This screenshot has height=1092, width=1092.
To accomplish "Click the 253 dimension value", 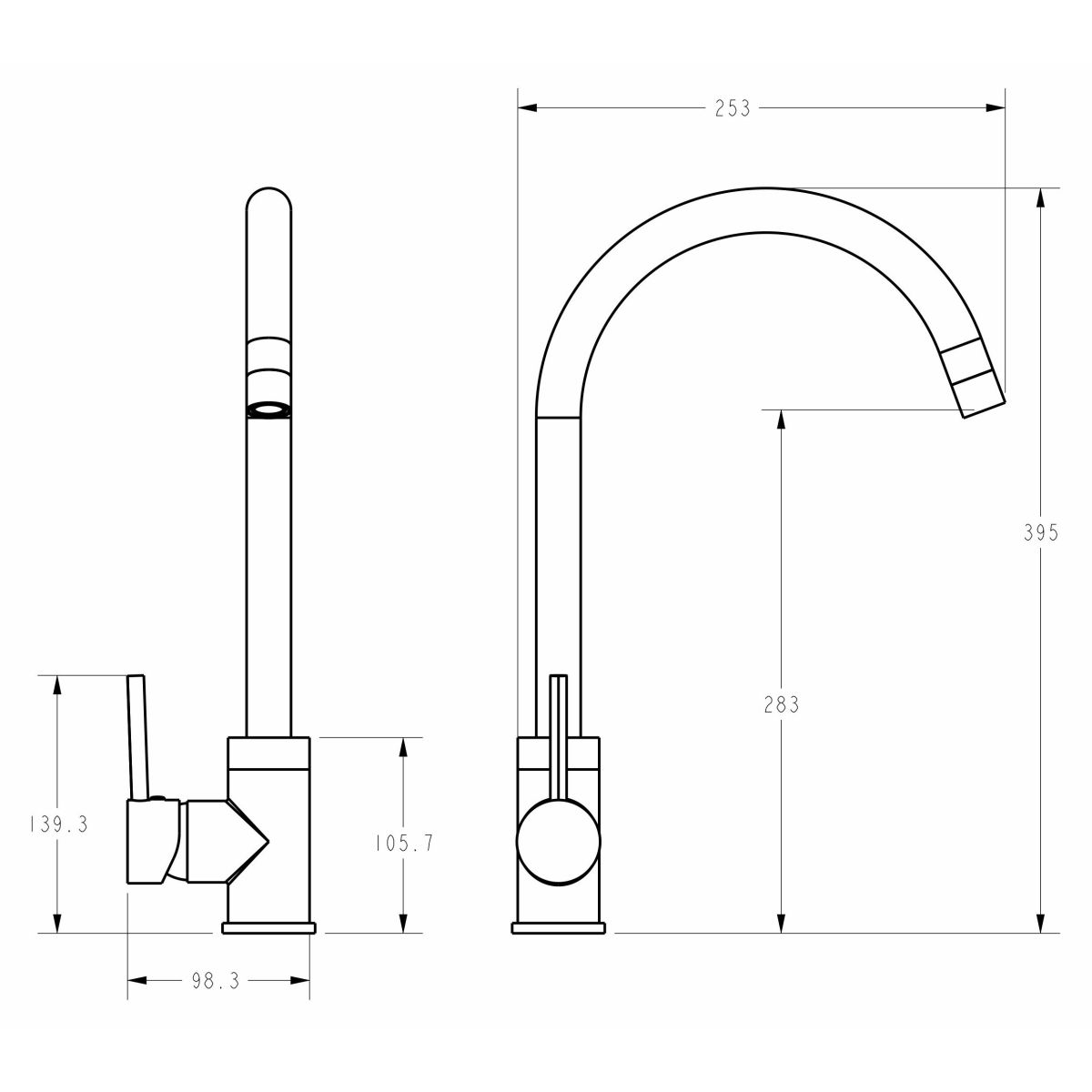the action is click(733, 107).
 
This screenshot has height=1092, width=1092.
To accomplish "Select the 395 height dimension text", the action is click(1041, 532).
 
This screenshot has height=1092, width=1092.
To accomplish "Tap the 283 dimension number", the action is click(781, 704).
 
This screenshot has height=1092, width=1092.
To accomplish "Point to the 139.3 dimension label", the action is click(59, 824).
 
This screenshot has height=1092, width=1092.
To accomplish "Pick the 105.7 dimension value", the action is click(404, 844).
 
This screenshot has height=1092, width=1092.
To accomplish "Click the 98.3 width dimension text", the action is click(216, 981).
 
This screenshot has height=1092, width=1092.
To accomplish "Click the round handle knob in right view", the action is click(558, 841).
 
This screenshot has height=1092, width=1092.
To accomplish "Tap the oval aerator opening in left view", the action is click(269, 410).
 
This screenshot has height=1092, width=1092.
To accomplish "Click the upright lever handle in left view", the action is click(138, 737).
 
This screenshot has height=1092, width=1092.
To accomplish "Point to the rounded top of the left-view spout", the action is click(269, 199).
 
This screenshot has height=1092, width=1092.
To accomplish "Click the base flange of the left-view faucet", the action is click(268, 927).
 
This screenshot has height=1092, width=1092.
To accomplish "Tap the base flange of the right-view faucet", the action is click(558, 927).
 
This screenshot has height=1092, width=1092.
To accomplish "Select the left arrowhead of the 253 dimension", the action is click(528, 107).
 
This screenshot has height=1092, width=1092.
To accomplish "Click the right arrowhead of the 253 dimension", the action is click(996, 107).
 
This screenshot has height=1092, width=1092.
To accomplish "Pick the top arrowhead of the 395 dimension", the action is click(1040, 197).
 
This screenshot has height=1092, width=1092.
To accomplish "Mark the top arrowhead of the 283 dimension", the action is click(781, 420).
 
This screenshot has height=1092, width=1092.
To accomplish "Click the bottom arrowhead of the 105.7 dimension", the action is click(403, 923).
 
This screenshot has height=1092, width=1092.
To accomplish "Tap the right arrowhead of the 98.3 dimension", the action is click(299, 981).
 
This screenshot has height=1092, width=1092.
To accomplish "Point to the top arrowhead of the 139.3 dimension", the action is click(56, 685).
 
